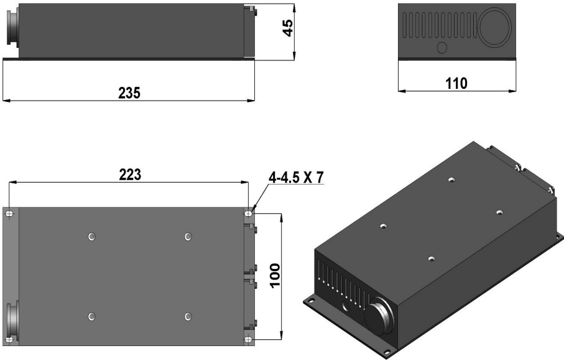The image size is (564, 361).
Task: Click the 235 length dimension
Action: point(129,93)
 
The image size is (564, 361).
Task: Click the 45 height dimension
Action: point(288,28)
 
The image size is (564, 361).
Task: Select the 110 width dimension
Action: point(456,83)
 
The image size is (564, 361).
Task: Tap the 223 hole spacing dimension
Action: point(130,175)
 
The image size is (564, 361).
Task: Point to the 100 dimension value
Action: point(274,275)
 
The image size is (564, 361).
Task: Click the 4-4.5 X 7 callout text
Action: point(296,178)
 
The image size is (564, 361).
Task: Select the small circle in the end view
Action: point(441,47)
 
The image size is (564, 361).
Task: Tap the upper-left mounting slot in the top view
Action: point(10,214)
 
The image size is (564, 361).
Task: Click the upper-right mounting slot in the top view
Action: point(249,214)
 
